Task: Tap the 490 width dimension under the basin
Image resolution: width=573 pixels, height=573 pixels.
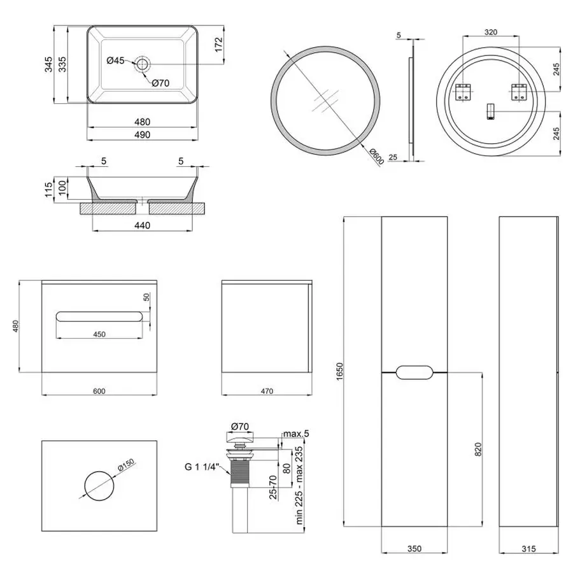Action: (141, 134)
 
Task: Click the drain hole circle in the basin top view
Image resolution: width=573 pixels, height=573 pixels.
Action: (142, 64)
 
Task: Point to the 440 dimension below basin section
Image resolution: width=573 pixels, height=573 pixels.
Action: (141, 225)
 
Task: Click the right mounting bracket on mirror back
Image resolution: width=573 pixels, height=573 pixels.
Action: (519, 92)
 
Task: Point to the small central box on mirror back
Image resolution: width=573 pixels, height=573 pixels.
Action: (490, 111)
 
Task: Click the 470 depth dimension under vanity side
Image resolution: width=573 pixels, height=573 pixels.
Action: (266, 390)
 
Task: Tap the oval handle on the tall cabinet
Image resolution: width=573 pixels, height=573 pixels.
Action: (414, 372)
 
